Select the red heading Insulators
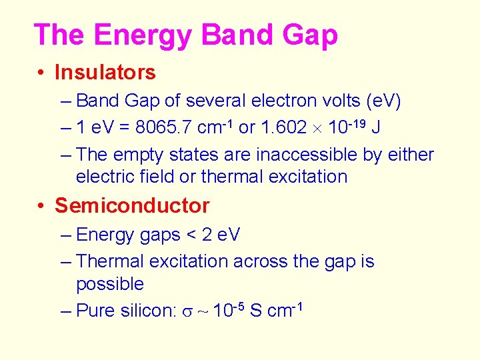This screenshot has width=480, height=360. click(x=105, y=72)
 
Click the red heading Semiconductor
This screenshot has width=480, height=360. click(x=132, y=205)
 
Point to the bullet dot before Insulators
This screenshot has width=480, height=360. click(x=41, y=72)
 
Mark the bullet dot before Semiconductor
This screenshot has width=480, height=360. click(x=41, y=206)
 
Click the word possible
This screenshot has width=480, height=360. click(x=110, y=284)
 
